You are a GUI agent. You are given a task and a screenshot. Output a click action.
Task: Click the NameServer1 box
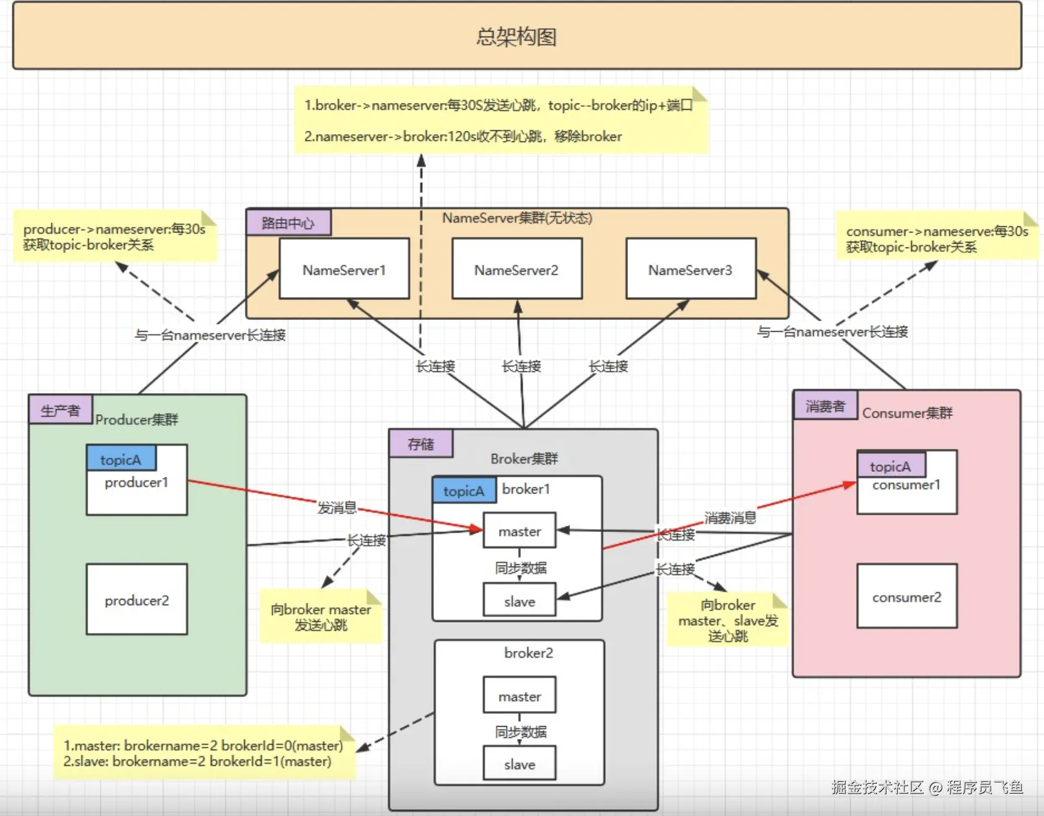pos(344,269)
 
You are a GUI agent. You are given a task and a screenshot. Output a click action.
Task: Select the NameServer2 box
pos(516,269)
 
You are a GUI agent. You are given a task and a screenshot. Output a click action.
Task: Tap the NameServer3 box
pos(691,269)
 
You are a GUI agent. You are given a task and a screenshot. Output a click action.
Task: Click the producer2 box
pos(136,599)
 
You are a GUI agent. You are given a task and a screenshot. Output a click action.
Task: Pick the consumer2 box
pos(906,596)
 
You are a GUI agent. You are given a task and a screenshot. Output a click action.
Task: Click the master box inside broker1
pos(520,531)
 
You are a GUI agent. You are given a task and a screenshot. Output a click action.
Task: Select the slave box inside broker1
pos(520,601)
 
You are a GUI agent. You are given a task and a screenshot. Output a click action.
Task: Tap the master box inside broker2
pos(520,696)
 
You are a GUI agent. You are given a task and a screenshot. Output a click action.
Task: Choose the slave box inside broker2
pos(520,764)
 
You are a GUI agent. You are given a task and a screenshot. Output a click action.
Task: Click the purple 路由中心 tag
pos(288,223)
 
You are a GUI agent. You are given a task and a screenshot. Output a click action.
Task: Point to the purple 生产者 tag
pos(60,410)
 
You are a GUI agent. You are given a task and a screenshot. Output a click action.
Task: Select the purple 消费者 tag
pos(825,406)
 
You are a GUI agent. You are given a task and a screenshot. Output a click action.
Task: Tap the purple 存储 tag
pos(421,444)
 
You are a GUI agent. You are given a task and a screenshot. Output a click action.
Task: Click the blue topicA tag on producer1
pos(121,459)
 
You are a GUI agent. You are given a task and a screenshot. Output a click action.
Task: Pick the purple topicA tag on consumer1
pos(891,466)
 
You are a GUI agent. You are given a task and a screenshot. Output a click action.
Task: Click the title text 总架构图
pos(516,37)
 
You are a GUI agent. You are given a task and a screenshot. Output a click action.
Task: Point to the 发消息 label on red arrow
pos(337,507)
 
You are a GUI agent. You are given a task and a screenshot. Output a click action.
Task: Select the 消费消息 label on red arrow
pos(730,517)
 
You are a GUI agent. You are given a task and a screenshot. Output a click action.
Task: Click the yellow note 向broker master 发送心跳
pos(321,616)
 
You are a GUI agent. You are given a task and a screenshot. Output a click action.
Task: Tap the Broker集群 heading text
pos(524,458)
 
